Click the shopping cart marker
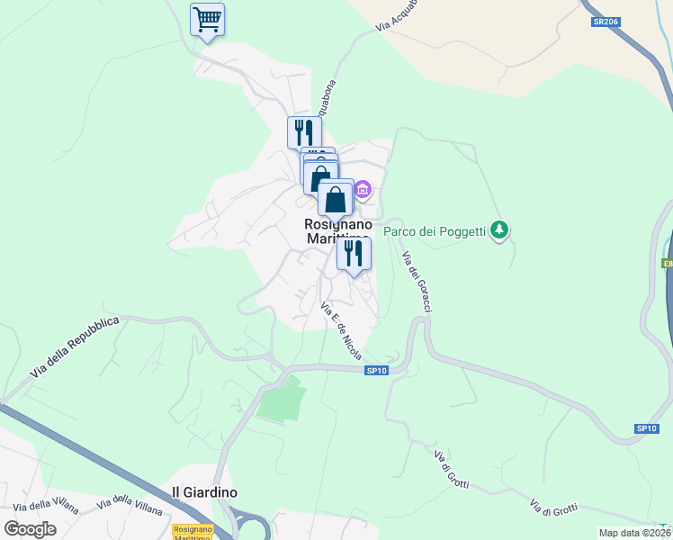(208, 20)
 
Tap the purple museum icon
(363, 189)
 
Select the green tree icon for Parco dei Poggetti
(500, 231)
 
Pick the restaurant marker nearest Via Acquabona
(304, 133)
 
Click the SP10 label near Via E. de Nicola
(376, 371)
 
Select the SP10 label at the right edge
(646, 428)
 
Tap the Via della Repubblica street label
(75, 346)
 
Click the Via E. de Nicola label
(341, 331)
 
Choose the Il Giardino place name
(204, 492)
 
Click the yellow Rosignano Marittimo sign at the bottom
(193, 533)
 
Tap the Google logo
(30, 529)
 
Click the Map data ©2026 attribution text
(634, 533)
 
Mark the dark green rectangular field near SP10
(282, 399)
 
